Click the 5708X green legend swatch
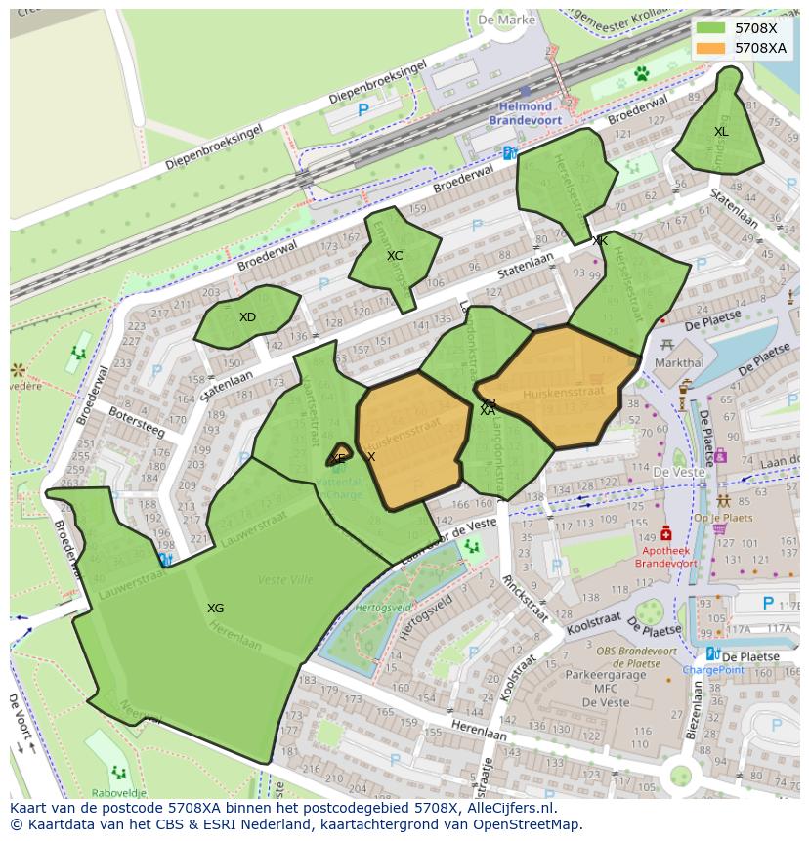tap(711, 28)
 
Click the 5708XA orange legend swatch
tap(711, 47)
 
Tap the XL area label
tap(721, 132)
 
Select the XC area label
tap(395, 256)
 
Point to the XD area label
tap(247, 317)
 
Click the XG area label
tap(216, 609)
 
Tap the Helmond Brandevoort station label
tap(526, 112)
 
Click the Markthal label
tap(679, 362)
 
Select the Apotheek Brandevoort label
tap(666, 557)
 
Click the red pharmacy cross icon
tap(666, 533)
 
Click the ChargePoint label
tap(713, 670)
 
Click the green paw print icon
tap(642, 73)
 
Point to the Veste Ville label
tap(285, 580)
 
